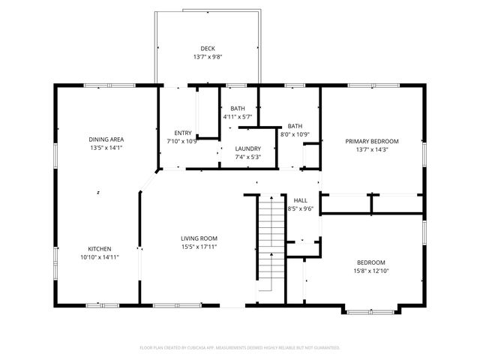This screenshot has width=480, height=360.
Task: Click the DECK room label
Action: click(x=207, y=49)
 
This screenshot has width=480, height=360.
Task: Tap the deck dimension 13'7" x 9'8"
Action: click(x=207, y=58)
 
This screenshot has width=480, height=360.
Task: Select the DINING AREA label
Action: click(x=106, y=139)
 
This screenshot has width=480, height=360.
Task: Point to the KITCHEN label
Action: click(x=100, y=249)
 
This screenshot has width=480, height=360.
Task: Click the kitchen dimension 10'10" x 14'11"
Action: click(x=100, y=257)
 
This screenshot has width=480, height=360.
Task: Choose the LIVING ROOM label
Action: click(x=199, y=238)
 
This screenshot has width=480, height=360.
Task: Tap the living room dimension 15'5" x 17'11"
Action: click(x=199, y=247)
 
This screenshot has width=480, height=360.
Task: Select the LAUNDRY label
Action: click(x=247, y=149)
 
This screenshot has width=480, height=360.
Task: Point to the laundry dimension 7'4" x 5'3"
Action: click(x=247, y=157)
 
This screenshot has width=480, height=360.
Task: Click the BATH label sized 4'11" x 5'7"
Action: click(x=238, y=109)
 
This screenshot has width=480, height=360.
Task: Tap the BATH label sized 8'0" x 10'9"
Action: click(x=295, y=126)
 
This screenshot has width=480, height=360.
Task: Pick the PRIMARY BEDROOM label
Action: click(x=371, y=141)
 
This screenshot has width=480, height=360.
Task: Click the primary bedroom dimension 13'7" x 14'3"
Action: click(x=371, y=149)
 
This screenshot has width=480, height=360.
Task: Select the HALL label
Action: click(x=300, y=200)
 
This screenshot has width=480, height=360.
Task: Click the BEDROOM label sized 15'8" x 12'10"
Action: click(x=370, y=262)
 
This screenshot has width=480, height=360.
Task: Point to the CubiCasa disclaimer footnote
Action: click(x=240, y=348)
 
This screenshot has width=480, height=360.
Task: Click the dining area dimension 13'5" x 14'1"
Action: click(x=106, y=148)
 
